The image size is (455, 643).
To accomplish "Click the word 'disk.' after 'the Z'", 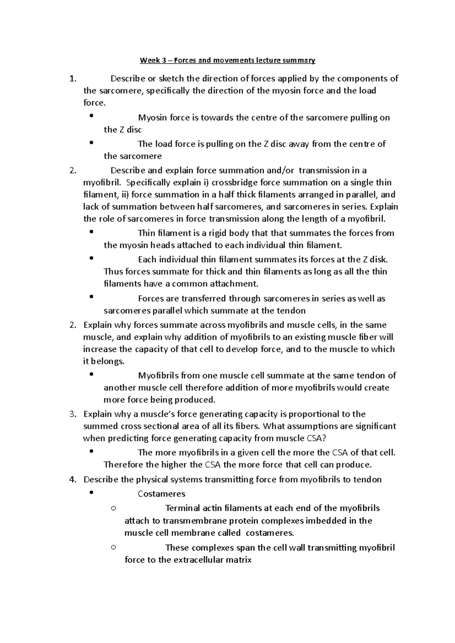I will click(378, 259).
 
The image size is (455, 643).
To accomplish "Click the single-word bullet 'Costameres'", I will click(162, 494).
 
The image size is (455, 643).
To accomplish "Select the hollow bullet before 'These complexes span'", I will click(113, 547).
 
